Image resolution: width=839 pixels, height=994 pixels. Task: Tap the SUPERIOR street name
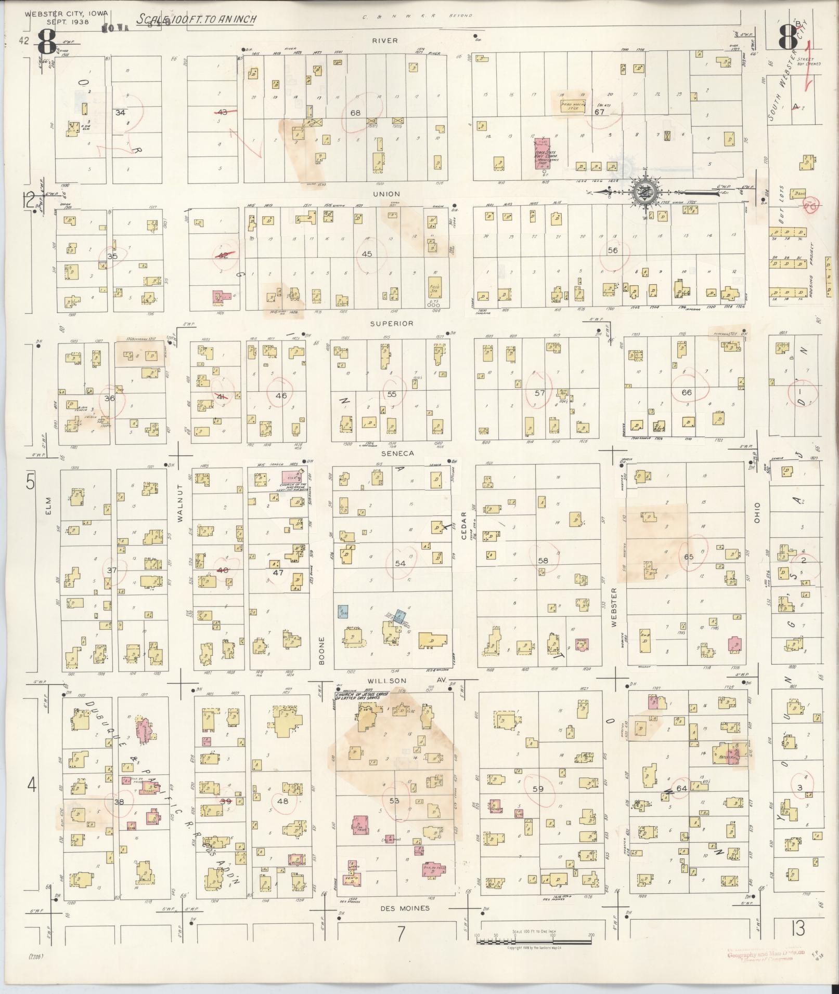pos(392,323)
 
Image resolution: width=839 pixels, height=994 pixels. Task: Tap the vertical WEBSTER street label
pos(615,607)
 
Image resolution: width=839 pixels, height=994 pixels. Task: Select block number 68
pos(356,113)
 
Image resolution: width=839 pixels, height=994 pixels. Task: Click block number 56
pos(613,250)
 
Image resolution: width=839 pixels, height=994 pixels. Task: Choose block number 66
pos(687,392)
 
